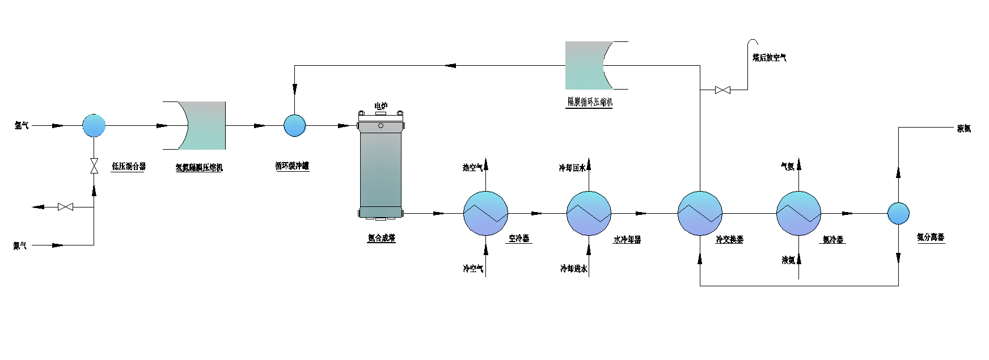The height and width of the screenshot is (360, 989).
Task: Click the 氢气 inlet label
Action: pos(22,126)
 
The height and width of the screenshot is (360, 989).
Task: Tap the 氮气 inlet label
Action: pos(20,245)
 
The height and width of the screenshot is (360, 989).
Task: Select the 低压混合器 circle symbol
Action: pos(94,126)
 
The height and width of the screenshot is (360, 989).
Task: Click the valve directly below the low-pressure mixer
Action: pos(94,166)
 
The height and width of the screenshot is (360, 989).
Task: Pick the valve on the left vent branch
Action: pos(65,207)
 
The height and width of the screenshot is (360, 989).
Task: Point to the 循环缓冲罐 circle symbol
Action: pos(294,126)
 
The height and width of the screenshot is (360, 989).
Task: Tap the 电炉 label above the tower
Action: pos(381,106)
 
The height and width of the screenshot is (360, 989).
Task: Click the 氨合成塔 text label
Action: pos(381,239)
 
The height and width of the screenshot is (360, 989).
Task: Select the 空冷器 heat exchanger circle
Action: pos(486,213)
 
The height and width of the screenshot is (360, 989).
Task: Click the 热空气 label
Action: pos(473,167)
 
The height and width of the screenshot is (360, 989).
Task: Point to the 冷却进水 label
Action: pos(573,269)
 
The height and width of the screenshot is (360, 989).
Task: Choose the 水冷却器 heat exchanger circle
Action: pos(589,213)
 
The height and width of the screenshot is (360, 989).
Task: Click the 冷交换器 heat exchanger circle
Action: pos(700,213)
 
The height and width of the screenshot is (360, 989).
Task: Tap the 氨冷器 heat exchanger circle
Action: pos(798,213)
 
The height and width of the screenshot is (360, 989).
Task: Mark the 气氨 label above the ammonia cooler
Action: pos(788,167)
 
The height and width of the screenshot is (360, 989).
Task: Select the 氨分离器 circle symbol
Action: pos(898,213)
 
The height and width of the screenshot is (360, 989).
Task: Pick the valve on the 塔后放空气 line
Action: pos(722,90)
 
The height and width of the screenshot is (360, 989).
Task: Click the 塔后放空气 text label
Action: pos(770,58)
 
